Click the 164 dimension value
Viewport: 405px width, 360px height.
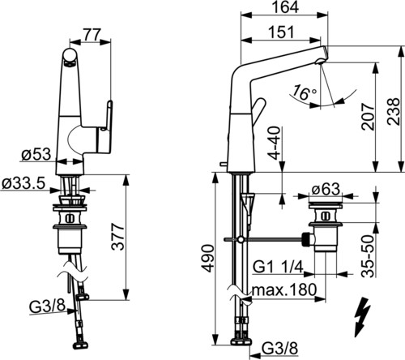pos(285,7)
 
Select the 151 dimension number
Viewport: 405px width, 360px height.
pos(281,32)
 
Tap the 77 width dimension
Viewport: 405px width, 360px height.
pos(92,34)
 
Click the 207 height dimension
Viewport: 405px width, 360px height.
pos(369,117)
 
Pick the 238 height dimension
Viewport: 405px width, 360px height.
pos(393,111)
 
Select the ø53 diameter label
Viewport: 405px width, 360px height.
pos(36,155)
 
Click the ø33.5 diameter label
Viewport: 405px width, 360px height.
pos(23,184)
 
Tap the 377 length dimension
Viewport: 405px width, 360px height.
pos(118,237)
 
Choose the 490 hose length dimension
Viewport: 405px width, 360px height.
pos(208,258)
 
